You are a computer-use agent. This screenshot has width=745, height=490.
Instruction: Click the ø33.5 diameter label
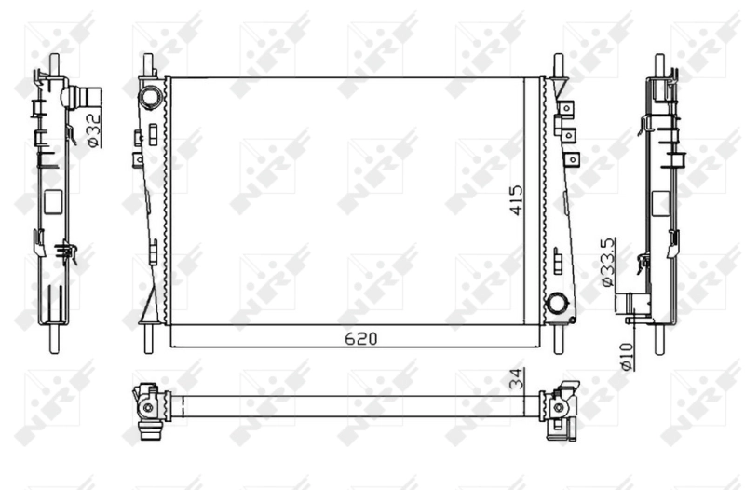point(605,262)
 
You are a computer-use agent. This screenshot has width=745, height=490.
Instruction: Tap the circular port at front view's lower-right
point(557,303)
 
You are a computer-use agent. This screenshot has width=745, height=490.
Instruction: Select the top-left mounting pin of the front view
point(147,66)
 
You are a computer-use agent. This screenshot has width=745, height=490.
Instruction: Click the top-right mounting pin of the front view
point(558,66)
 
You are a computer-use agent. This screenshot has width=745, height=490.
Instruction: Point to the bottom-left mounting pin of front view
point(147,337)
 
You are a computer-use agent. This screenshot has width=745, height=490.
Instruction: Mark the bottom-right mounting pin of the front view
point(558,337)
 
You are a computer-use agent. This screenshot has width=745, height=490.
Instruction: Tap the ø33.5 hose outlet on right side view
point(636,305)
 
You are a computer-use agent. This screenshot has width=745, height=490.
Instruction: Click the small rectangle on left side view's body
point(53,199)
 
